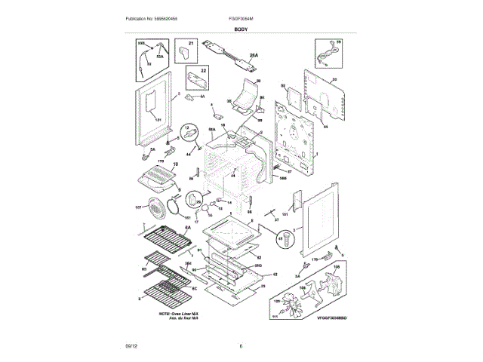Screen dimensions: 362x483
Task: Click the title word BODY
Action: pos(241,28)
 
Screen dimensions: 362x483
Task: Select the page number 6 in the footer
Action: pos(241,346)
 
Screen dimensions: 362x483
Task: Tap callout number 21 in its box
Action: pos(191,44)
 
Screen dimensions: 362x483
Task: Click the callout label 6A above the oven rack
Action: pos(181,225)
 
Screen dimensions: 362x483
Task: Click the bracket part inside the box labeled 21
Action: pos(184,53)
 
